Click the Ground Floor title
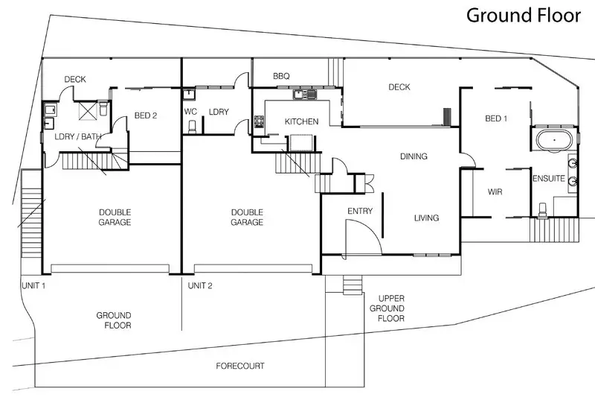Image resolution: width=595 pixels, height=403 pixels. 521,15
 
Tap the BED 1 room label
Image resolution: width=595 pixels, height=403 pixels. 496,119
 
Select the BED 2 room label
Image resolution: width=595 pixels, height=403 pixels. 146,115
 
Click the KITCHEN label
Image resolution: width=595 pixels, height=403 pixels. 301,121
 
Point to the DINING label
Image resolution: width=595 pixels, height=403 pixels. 414,156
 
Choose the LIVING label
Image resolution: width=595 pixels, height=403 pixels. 426,218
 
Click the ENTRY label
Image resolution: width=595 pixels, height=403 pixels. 360,212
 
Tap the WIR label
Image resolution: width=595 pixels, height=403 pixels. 495,192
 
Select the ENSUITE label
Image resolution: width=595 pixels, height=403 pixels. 548,179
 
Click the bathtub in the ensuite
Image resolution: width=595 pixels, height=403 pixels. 553,140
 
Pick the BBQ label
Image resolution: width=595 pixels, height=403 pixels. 281,76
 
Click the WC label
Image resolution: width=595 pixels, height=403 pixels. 190,112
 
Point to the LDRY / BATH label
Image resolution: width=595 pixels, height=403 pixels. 78,136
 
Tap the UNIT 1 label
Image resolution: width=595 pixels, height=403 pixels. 33,285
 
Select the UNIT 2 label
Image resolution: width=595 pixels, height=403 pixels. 201,285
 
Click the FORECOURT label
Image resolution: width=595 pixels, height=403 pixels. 240,366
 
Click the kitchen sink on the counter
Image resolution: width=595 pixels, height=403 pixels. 305,95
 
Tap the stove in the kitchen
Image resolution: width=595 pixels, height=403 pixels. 260,121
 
